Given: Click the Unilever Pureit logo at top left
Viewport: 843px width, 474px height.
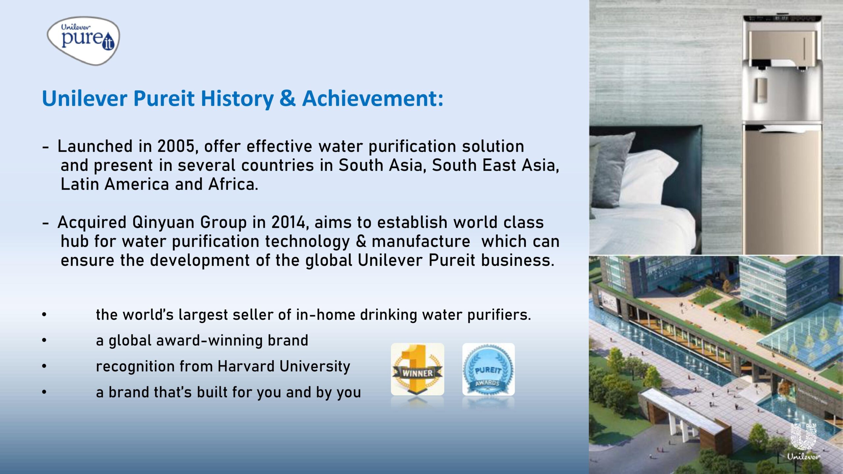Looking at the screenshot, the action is [x=83, y=40].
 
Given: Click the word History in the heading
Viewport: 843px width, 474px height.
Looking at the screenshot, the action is [x=237, y=98].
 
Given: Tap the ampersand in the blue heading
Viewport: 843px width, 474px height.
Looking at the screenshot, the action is [x=287, y=98].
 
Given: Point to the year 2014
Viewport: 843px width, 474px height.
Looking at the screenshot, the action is [x=289, y=222].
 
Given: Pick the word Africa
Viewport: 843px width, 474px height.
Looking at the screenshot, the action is [x=233, y=184].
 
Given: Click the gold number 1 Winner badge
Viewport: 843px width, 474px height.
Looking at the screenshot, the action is [x=417, y=369].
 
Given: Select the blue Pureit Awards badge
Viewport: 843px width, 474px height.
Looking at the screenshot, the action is [x=488, y=369].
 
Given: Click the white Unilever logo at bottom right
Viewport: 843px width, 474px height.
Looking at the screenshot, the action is [x=803, y=441].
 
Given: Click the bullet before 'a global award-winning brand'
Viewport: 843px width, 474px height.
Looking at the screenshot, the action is [x=44, y=340].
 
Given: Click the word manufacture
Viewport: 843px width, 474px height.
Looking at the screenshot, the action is [x=421, y=241].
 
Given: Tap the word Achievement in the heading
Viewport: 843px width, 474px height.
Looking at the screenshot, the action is [x=372, y=98].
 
